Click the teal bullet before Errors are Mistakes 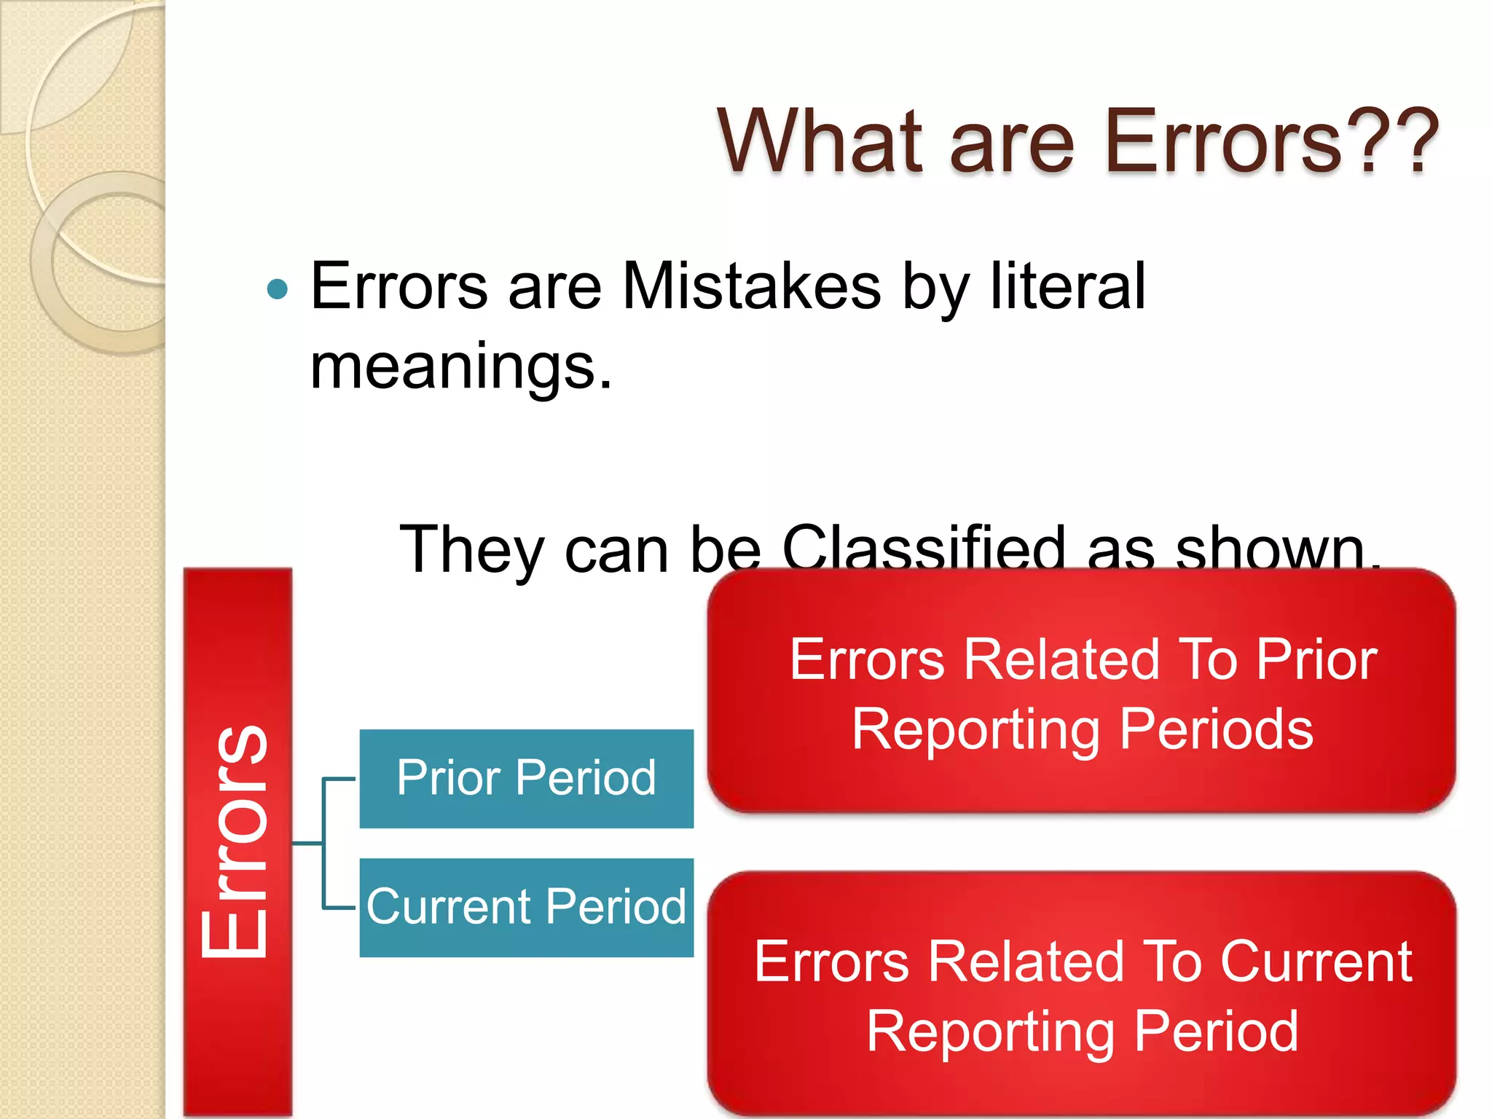coord(278,290)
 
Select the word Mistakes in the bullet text coord(751,286)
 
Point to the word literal coord(1067,286)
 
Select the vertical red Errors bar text coord(237,841)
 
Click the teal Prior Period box coord(526,778)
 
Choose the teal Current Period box coord(526,907)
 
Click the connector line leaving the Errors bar coord(307,843)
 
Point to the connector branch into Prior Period coord(339,779)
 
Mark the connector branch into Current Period coord(339,908)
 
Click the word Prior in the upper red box coord(1316,659)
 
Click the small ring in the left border coord(102,262)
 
